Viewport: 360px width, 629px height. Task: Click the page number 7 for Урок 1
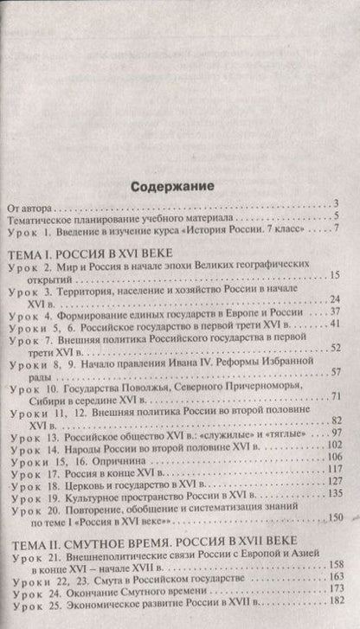tap(334, 254)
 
